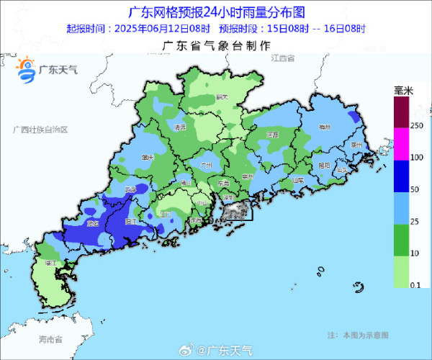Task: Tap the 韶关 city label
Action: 222,97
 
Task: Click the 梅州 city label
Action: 327,127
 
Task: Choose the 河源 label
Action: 272,135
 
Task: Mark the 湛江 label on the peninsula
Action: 50,264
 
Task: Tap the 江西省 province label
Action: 287,57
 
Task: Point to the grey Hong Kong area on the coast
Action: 236,211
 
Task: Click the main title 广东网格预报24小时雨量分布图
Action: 215,12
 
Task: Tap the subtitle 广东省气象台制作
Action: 216,45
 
